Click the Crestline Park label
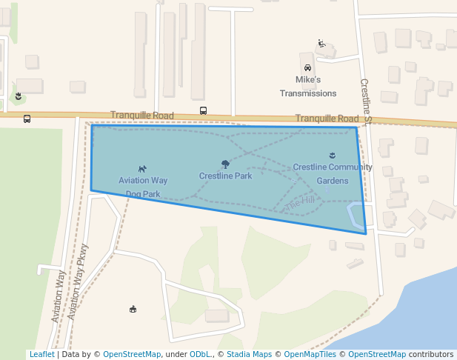225,176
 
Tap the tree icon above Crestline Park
225,164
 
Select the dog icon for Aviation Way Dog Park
142,169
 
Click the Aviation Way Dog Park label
143,187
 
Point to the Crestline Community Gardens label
332,173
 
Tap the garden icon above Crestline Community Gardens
332,156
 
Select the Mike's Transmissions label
308,86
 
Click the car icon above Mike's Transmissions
308,68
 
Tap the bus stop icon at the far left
27,119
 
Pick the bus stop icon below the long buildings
203,110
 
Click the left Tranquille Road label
141,116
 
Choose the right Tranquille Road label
327,119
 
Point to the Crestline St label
365,101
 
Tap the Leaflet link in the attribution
41,355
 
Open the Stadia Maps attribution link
249,355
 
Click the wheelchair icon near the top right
321,43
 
